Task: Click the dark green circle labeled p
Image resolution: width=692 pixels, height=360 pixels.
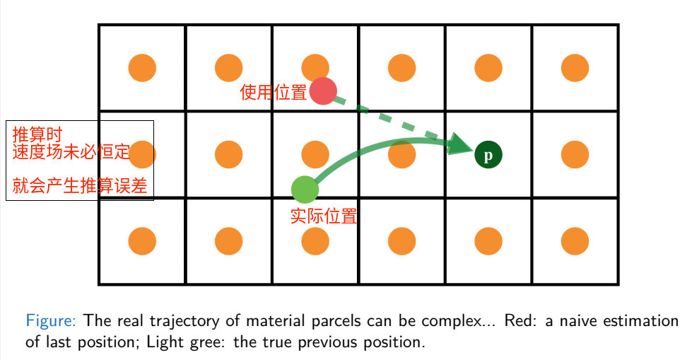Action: click(x=488, y=154)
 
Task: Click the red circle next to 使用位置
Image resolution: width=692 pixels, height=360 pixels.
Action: click(x=322, y=91)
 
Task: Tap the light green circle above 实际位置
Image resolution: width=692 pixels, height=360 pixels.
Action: click(x=305, y=189)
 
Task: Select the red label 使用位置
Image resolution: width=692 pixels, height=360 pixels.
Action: click(x=274, y=93)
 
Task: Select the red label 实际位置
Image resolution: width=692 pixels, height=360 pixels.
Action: click(x=324, y=216)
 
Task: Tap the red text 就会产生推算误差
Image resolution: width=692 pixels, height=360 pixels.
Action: click(x=80, y=186)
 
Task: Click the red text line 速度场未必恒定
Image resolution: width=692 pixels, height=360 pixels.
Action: click(x=71, y=151)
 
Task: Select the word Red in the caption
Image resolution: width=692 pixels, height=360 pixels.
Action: click(x=518, y=321)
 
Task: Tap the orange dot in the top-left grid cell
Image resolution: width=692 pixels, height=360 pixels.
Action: click(x=142, y=68)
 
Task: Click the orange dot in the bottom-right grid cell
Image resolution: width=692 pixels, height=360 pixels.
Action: click(x=575, y=241)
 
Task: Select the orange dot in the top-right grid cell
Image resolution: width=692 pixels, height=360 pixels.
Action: click(x=575, y=68)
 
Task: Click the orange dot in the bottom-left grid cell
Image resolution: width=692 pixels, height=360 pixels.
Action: click(x=142, y=241)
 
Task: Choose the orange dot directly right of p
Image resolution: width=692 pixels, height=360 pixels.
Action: click(x=575, y=154)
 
